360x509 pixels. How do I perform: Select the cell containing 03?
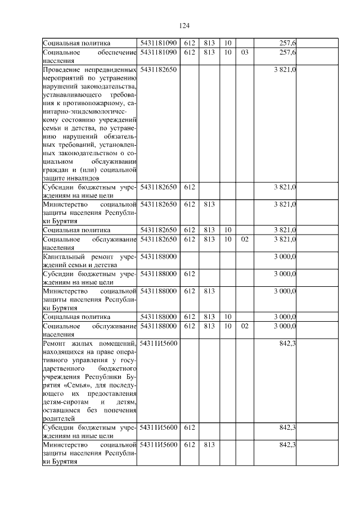click(244, 52)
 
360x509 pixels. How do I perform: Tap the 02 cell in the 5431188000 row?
click(244, 326)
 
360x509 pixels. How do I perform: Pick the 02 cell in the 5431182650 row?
click(244, 240)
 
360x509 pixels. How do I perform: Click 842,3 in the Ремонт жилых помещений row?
click(288, 343)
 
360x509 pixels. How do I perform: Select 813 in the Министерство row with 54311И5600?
click(209, 445)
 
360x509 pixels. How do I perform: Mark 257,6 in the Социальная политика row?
click(288, 43)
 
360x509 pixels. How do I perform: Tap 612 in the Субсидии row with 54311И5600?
click(189, 428)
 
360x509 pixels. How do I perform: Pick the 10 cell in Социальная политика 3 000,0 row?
click(227, 316)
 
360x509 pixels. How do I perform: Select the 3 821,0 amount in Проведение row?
click(285, 69)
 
